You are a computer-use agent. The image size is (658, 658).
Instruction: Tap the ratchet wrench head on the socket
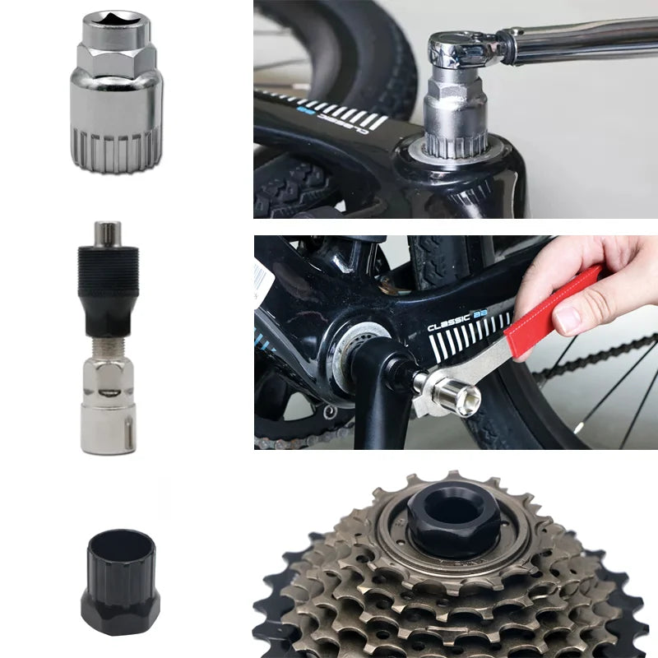460,49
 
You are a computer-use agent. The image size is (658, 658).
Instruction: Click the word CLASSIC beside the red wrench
449,323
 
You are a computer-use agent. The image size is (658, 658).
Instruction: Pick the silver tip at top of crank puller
108,232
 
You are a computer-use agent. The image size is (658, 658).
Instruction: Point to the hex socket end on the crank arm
461,399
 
